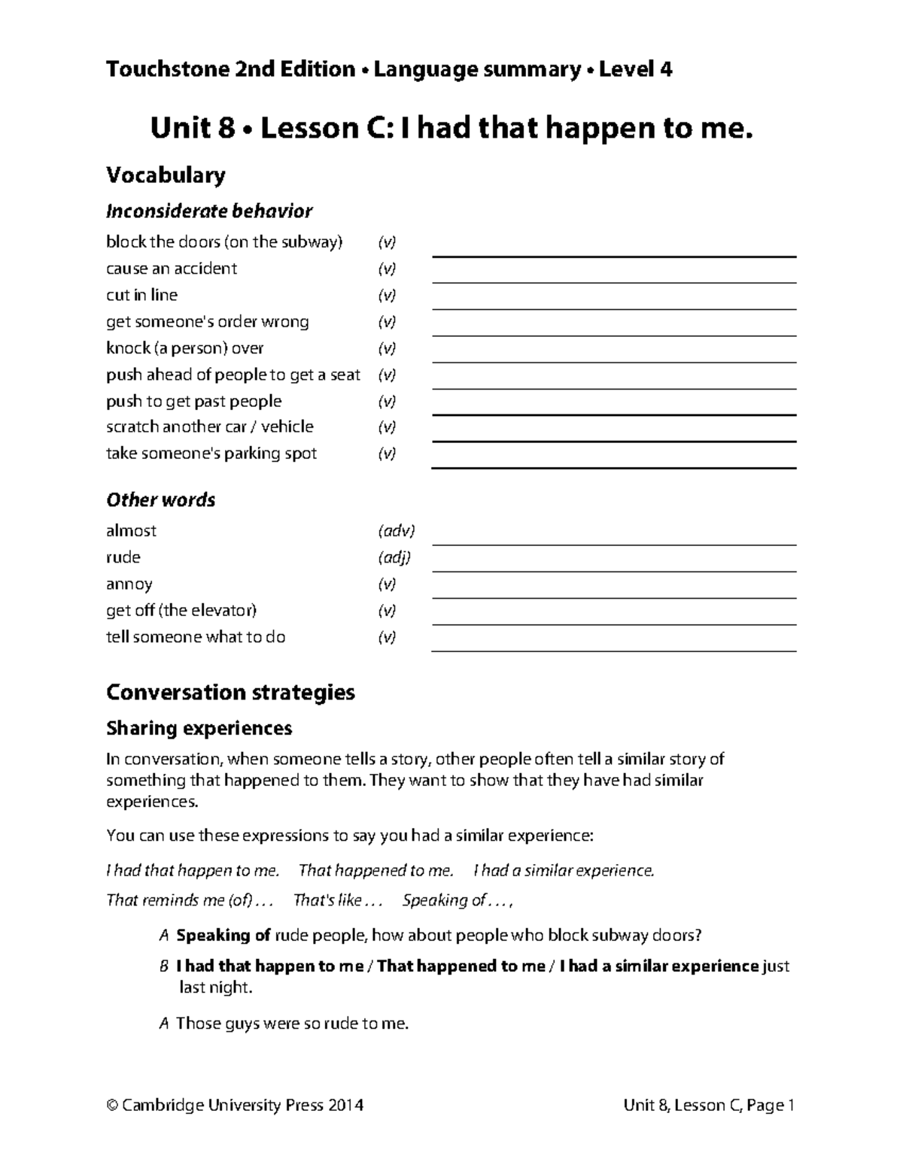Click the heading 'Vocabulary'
pyautogui.click(x=166, y=175)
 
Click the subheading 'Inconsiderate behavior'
pyautogui.click(x=209, y=211)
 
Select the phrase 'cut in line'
pyautogui.click(x=141, y=295)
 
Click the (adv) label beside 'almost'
pyautogui.click(x=396, y=531)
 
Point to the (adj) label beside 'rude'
pyautogui.click(x=394, y=557)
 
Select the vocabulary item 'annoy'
pyautogui.click(x=129, y=584)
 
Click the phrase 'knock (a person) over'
pyautogui.click(x=185, y=348)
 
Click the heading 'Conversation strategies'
pyautogui.click(x=230, y=692)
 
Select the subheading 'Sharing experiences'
pyautogui.click(x=199, y=728)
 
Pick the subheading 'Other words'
pyautogui.click(x=160, y=500)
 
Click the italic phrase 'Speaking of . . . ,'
pyautogui.click(x=458, y=900)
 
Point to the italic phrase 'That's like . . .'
pyautogui.click(x=338, y=900)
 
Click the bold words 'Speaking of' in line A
pyautogui.click(x=223, y=936)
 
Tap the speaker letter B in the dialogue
pyautogui.click(x=164, y=966)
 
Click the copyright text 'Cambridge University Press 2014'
pyautogui.click(x=242, y=1105)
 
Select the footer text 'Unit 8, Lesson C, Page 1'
pyautogui.click(x=709, y=1105)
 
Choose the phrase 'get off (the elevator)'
pyautogui.click(x=181, y=611)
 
